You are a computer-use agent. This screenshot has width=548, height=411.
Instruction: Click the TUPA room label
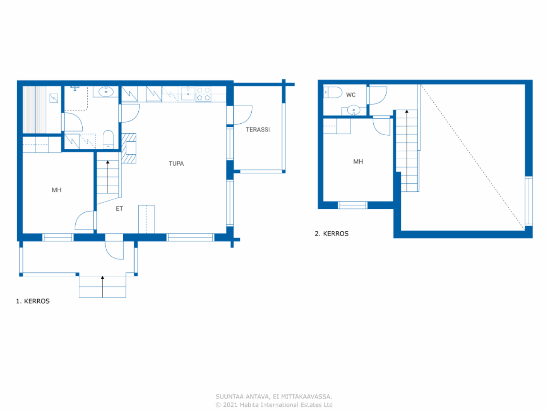point(176,164)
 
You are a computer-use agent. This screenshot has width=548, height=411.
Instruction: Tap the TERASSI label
point(258,129)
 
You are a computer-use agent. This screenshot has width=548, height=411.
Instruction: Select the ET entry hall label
point(119,208)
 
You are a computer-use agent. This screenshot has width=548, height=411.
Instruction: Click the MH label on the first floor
point(57,190)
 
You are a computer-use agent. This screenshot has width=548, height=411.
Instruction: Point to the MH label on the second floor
point(358,162)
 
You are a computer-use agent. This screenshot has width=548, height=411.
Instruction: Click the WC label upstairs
point(351,95)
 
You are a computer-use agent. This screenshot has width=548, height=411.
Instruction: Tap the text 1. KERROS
point(33,301)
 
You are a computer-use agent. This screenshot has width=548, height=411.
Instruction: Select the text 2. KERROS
point(332,234)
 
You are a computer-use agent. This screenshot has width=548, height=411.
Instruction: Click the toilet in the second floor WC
point(333,92)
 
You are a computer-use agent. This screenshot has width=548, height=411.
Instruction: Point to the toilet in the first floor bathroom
point(108,140)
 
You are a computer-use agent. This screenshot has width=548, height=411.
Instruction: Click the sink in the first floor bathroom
point(106,92)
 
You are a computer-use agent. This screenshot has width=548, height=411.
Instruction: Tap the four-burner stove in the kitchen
point(203,94)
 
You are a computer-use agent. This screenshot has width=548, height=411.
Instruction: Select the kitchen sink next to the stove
point(188,94)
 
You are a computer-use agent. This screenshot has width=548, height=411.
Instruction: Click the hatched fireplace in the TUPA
point(128,148)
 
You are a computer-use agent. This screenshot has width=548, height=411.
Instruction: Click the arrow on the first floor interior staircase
point(108,163)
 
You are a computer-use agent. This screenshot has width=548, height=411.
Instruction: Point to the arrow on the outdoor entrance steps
point(102,278)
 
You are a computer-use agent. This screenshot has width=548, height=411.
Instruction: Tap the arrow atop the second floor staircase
point(407,112)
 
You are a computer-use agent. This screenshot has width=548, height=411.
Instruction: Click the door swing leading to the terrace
point(242,115)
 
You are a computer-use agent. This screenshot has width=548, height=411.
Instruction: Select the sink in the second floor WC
point(354,110)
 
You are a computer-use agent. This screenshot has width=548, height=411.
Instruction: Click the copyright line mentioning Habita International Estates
point(274,405)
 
